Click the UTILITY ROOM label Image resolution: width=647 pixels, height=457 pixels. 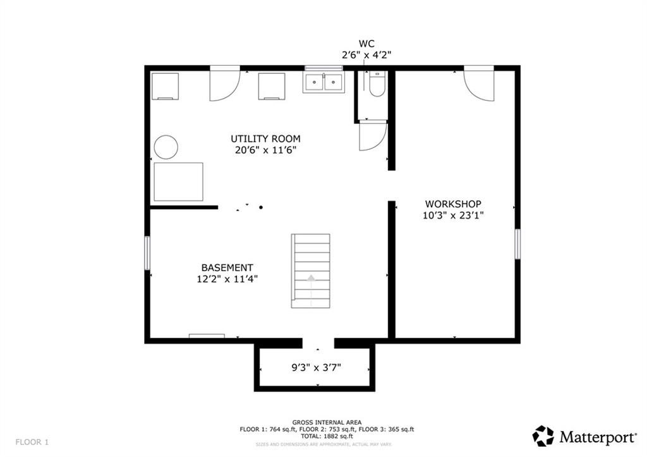pyautogui.click(x=265, y=138)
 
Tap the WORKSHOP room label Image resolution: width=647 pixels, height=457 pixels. pyautogui.click(x=452, y=204)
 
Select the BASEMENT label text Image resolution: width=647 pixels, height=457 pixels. pyautogui.click(x=227, y=267)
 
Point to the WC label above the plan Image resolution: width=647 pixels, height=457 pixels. pyautogui.click(x=366, y=44)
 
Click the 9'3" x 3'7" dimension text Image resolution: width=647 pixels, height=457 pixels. pyautogui.click(x=316, y=367)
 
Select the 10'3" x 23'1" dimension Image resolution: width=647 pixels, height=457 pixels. pyautogui.click(x=452, y=215)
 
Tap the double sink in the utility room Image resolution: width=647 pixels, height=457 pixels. pyautogui.click(x=323, y=82)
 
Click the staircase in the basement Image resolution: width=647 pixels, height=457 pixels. pyautogui.click(x=310, y=271)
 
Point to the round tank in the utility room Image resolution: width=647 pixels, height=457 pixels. pyautogui.click(x=166, y=147)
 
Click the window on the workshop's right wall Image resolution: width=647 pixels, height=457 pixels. pyautogui.click(x=517, y=243)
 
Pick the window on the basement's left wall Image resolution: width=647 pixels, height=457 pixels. pyautogui.click(x=147, y=253)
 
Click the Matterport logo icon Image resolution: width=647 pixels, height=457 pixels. pyautogui.click(x=543, y=436)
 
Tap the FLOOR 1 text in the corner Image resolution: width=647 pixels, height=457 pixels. pyautogui.click(x=32, y=441)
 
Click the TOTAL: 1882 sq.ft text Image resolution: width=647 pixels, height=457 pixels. pyautogui.click(x=327, y=437)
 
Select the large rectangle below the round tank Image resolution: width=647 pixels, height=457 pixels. pyautogui.click(x=178, y=181)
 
